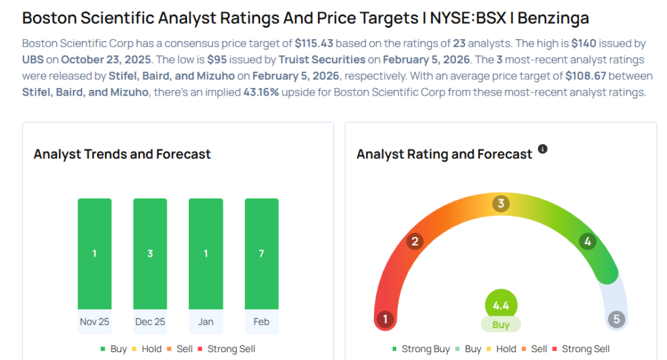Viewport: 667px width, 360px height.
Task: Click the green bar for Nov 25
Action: point(94,253)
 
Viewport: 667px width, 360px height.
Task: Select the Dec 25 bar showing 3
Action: point(150,253)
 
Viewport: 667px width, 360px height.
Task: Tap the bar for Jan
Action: point(206,253)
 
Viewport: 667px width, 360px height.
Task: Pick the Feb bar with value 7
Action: point(261,253)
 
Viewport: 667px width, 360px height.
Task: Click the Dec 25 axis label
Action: point(150,322)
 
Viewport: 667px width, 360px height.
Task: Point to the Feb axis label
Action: point(261,322)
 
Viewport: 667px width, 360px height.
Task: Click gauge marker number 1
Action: point(386,320)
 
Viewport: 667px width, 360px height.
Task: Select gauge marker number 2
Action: point(414,242)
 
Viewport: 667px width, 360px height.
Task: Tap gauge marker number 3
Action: point(501,204)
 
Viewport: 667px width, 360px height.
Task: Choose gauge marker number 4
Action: point(588,242)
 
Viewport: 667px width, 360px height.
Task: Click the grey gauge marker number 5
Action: point(616,320)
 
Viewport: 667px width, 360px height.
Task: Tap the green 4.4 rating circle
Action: point(501,305)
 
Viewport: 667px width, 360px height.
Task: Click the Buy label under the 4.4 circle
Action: point(501,324)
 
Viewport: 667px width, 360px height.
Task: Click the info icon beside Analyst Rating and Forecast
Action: point(543,149)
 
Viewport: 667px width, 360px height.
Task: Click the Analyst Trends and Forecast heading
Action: point(122,154)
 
